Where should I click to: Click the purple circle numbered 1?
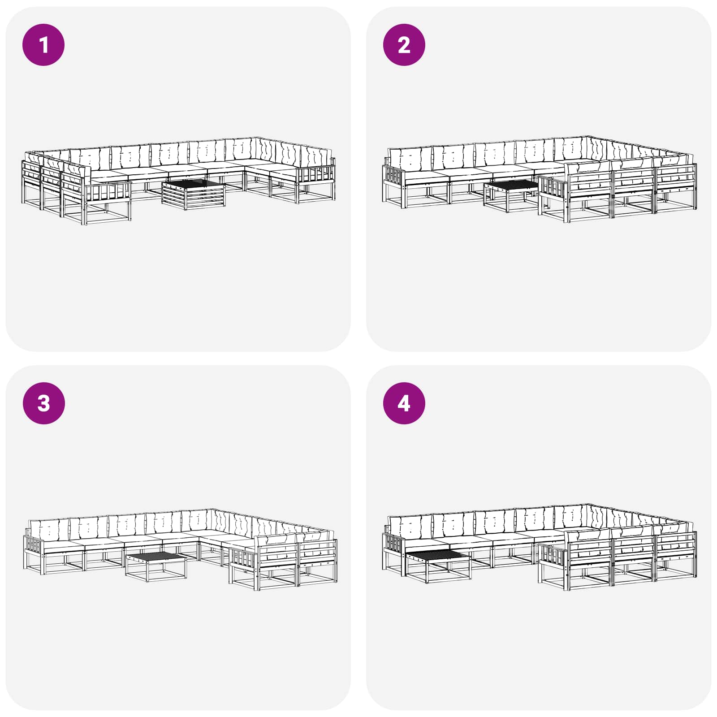click(x=43, y=45)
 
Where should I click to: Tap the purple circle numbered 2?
click(x=404, y=45)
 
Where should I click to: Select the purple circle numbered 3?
click(x=43, y=403)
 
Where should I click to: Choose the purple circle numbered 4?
click(x=404, y=403)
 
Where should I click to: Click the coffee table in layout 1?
click(x=194, y=194)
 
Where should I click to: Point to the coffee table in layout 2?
click(x=511, y=195)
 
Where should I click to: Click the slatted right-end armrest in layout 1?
click(x=316, y=175)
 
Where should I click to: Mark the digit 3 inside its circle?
click(x=43, y=403)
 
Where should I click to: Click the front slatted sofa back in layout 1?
click(x=108, y=190)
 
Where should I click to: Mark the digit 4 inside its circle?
click(x=404, y=403)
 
